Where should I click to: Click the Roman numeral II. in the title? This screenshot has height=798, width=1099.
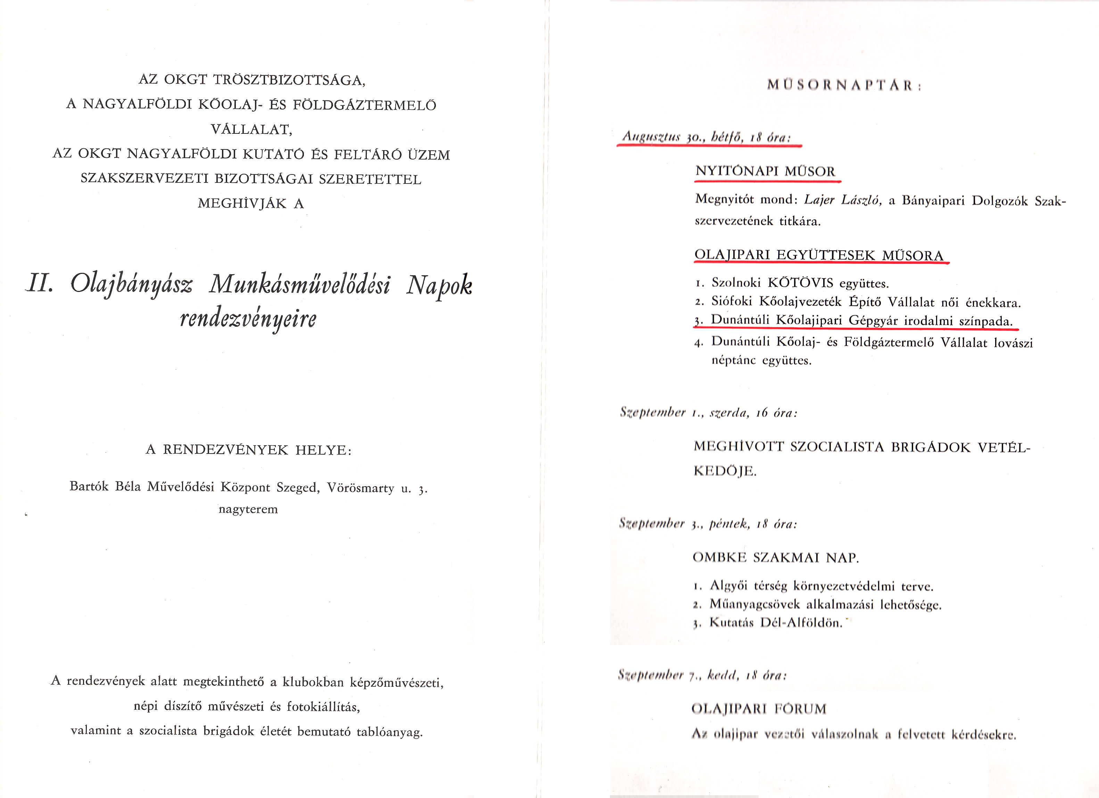pyautogui.click(x=39, y=284)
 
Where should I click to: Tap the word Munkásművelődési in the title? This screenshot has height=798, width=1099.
pyautogui.click(x=299, y=285)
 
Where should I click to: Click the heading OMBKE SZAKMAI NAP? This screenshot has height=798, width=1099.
pyautogui.click(x=775, y=557)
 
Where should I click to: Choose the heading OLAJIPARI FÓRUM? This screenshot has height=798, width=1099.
pyautogui.click(x=759, y=709)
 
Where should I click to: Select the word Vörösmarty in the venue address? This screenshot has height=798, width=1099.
pyautogui.click(x=361, y=487)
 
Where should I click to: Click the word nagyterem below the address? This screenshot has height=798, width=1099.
pyautogui.click(x=248, y=510)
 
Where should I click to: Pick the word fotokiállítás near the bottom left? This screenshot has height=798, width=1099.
pyautogui.click(x=323, y=707)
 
